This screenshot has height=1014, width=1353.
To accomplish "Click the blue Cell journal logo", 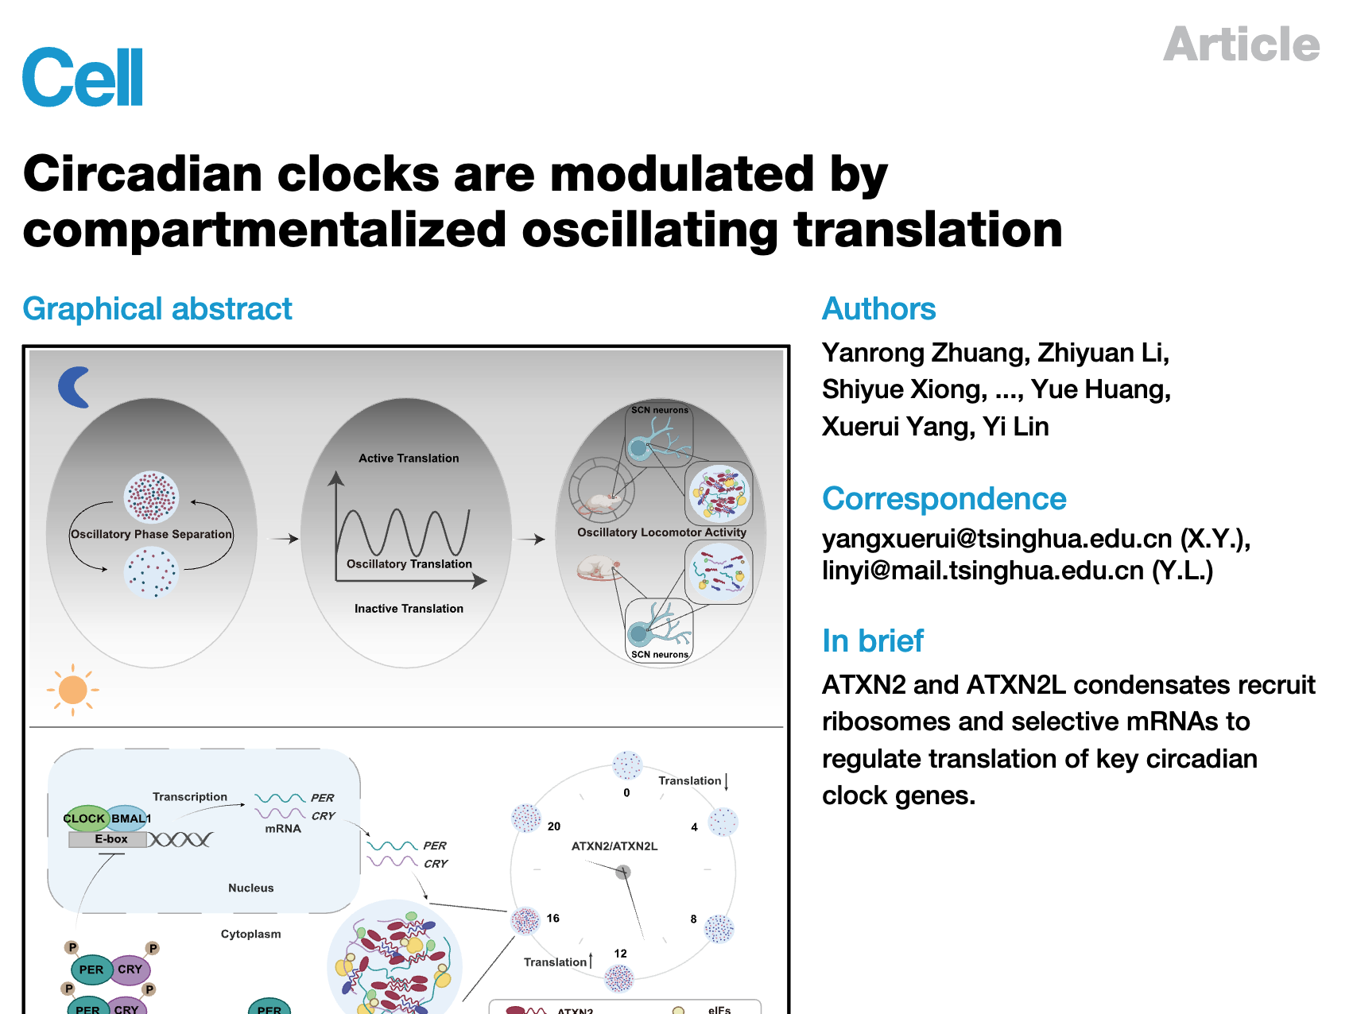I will click(83, 77).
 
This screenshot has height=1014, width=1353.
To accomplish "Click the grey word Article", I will click(1241, 45).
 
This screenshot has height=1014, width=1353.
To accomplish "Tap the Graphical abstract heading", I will click(157, 308).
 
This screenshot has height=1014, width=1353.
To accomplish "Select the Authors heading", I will click(878, 308).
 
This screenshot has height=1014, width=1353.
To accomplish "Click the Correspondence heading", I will click(944, 498).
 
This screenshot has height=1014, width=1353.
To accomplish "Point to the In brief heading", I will click(872, 641).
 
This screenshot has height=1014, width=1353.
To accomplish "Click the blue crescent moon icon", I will click(73, 387).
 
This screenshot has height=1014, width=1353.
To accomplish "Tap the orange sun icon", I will click(72, 689).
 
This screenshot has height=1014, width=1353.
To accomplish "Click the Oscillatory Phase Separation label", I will click(151, 534).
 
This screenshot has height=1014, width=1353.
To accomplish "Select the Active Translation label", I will click(409, 459).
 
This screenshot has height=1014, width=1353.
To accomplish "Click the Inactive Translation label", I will click(409, 609).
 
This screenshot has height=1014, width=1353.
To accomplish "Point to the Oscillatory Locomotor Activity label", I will click(661, 532).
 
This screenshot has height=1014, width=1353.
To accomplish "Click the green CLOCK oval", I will click(84, 819).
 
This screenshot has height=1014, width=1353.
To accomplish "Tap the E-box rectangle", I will click(110, 839).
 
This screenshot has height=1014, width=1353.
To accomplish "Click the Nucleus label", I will click(250, 888).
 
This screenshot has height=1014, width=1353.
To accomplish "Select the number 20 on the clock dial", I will click(554, 826).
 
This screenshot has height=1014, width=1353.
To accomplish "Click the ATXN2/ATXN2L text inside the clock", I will click(614, 846).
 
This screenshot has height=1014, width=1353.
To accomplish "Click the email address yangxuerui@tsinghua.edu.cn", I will click(997, 539).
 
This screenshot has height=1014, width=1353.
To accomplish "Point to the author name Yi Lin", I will click(1015, 427).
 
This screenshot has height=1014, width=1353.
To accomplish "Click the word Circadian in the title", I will click(143, 174).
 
